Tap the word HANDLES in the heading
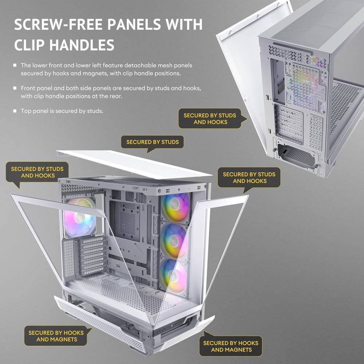coord(82,45)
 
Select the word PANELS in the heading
coord(134,24)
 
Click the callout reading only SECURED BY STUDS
coord(153,142)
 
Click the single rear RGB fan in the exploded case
coord(80,217)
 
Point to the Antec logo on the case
coord(144,329)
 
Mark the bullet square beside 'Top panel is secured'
coord(15,111)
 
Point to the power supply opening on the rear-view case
coord(296,155)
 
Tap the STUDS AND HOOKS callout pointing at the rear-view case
coord(210,119)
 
